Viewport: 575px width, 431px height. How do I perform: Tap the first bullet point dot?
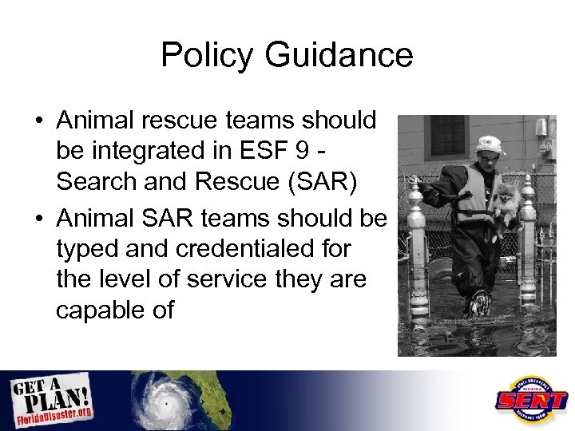click(x=38, y=122)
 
